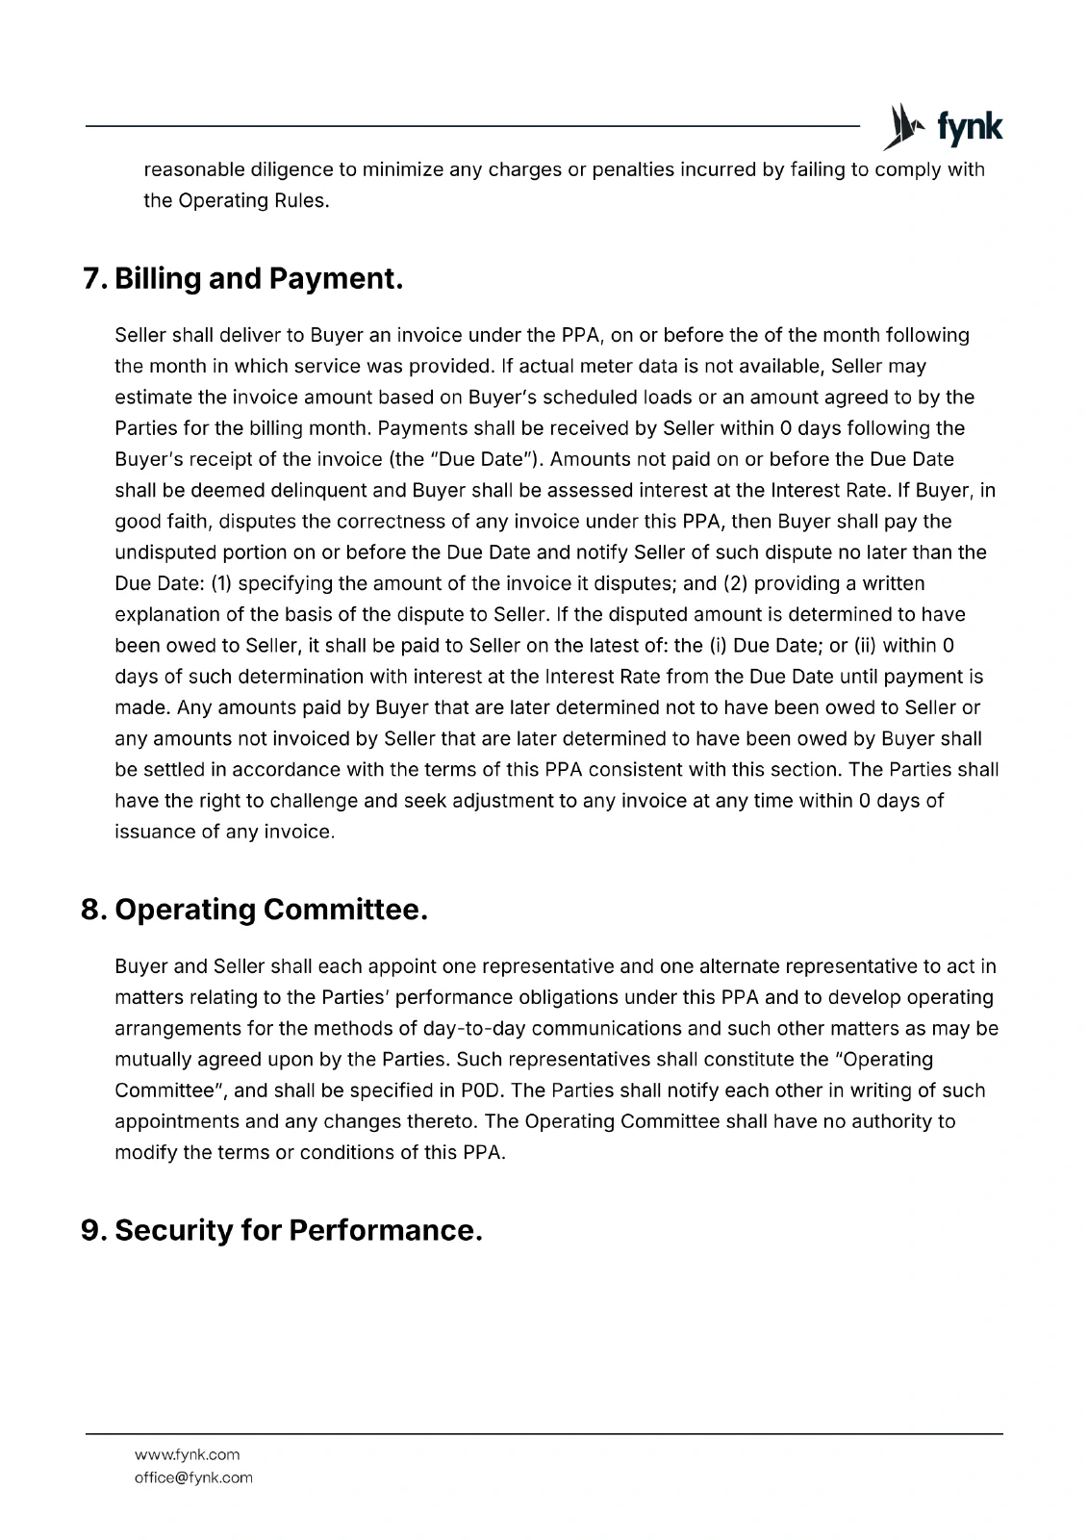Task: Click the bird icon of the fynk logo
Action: pos(901,127)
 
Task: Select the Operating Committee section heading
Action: pos(254,910)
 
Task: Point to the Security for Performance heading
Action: pos(281,1230)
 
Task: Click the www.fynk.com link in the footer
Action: pos(188,1454)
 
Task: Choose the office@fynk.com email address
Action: pos(193,1477)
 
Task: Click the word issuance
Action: pos(154,832)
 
